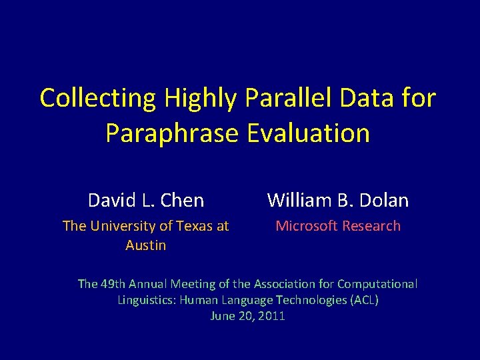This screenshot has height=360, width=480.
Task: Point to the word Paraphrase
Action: (x=172, y=133)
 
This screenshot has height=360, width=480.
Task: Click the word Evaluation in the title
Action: (x=308, y=133)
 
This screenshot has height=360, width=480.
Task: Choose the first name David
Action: (x=111, y=200)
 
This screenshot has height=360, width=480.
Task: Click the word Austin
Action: (x=145, y=245)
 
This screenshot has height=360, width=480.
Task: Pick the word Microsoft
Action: (x=303, y=226)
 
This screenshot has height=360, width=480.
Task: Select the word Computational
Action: (x=377, y=284)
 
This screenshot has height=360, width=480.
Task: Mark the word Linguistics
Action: (x=145, y=300)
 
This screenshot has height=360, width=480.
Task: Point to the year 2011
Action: (x=271, y=316)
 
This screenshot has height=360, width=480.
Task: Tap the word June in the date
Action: (x=222, y=316)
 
